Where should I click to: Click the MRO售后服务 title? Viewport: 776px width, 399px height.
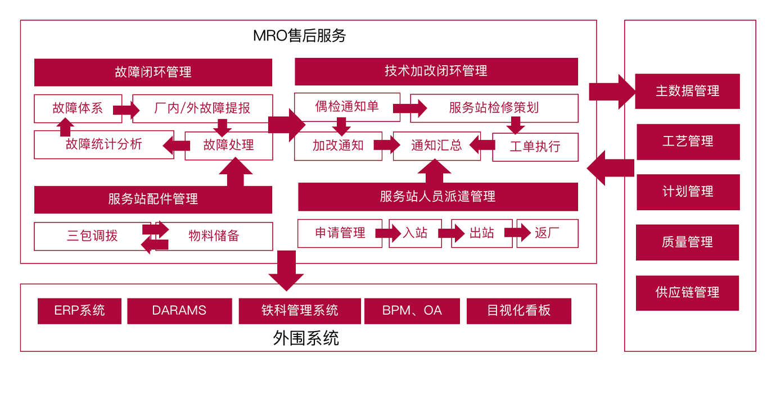tap(299, 36)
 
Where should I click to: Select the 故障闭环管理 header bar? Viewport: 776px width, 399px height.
tap(153, 72)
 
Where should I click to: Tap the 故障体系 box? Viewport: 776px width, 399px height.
tap(78, 108)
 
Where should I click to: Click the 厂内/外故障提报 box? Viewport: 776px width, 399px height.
tap(202, 108)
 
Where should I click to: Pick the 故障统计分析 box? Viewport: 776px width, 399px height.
tap(103, 144)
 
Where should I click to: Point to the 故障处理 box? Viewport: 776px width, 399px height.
tap(228, 145)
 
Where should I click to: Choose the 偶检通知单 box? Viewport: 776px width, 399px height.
tap(347, 107)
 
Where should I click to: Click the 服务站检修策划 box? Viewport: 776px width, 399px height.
tap(494, 108)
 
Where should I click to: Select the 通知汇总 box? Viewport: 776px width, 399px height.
tap(436, 146)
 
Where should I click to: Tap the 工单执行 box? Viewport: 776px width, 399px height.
tap(535, 147)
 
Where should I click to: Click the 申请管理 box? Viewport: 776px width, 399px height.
tap(340, 233)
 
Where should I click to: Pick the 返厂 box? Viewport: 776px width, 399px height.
tap(547, 233)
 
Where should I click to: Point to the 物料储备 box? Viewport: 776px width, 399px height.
tap(214, 236)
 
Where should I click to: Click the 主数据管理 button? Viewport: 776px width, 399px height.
tap(687, 91)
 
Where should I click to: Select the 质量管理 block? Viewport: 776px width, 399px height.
tap(687, 242)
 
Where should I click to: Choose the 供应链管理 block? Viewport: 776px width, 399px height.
tap(687, 293)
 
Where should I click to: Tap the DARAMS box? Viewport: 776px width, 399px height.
tap(179, 311)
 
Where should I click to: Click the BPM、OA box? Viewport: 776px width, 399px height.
tap(412, 311)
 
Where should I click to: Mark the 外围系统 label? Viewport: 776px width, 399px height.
tap(306, 338)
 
